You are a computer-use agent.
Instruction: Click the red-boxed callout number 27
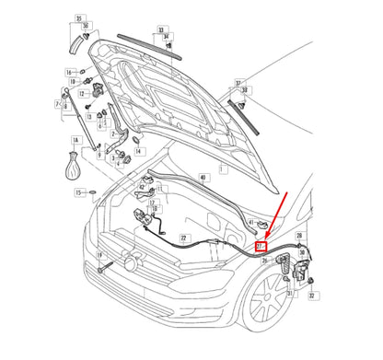pos(261,247)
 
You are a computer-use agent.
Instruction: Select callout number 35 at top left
pos(79,18)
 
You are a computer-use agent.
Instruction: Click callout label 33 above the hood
pos(162,30)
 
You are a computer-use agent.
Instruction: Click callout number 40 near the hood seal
pos(203,176)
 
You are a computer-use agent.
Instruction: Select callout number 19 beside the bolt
pos(99,255)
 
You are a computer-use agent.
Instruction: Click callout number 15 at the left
pos(79,192)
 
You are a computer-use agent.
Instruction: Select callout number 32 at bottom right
pos(312,296)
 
